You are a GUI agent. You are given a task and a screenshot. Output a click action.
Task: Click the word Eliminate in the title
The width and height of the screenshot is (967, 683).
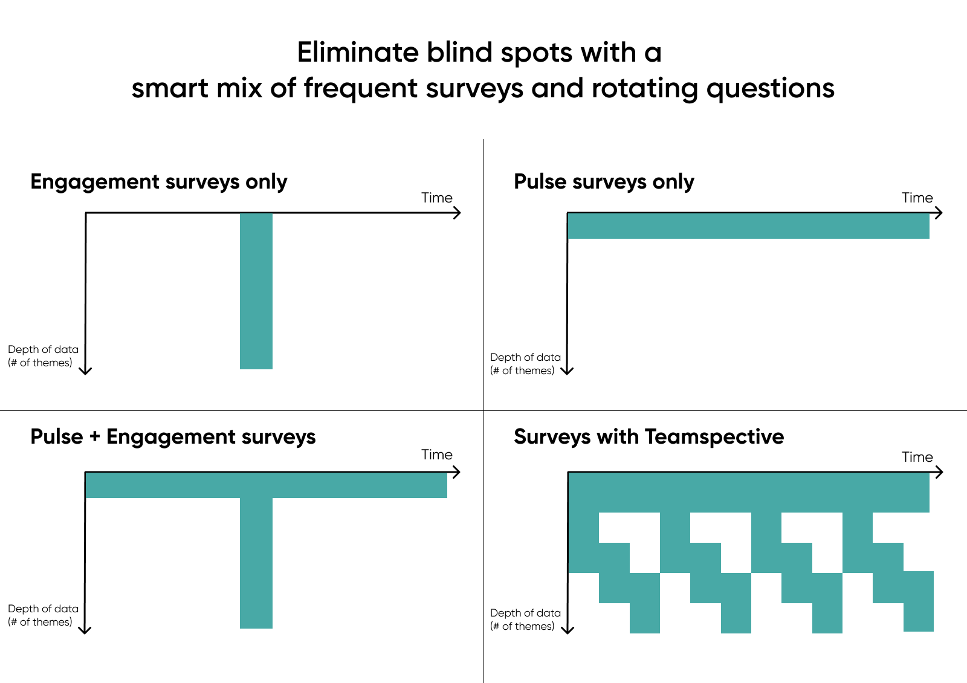pyautogui.click(x=358, y=53)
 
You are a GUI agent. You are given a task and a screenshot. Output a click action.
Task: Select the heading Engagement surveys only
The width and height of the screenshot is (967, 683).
pyautogui.click(x=158, y=181)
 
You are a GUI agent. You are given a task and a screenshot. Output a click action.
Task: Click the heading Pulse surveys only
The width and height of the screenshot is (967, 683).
pyautogui.click(x=604, y=181)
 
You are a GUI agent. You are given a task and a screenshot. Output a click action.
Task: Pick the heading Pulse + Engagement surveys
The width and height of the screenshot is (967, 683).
pyautogui.click(x=173, y=436)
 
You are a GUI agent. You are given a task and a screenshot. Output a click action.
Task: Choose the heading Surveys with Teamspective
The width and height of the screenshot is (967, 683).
pyautogui.click(x=648, y=436)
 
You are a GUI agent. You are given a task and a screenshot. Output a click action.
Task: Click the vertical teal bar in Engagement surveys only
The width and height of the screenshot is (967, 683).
pyautogui.click(x=256, y=291)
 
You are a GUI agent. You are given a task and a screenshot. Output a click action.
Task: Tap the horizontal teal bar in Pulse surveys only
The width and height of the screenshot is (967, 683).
pyautogui.click(x=748, y=226)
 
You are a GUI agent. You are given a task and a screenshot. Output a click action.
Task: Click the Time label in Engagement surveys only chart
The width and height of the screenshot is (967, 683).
pyautogui.click(x=436, y=198)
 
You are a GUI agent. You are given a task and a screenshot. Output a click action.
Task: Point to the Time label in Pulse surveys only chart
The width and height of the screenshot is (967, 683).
pyautogui.click(x=917, y=198)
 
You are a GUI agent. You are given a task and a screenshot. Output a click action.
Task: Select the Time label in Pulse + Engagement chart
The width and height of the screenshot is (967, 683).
pyautogui.click(x=436, y=455)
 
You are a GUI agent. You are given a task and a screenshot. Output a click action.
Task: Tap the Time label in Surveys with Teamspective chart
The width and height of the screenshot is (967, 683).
pyautogui.click(x=917, y=457)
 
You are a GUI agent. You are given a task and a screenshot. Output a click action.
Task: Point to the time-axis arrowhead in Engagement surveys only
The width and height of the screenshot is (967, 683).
pyautogui.click(x=458, y=213)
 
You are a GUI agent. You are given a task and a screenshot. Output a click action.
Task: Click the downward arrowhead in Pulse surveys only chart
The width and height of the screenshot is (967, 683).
pyautogui.click(x=567, y=371)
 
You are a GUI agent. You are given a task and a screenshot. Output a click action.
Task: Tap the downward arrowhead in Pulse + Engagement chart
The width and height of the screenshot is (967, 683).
pyautogui.click(x=85, y=630)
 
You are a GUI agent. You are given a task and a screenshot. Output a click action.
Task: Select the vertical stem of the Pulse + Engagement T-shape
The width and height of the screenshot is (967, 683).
pyautogui.click(x=256, y=562)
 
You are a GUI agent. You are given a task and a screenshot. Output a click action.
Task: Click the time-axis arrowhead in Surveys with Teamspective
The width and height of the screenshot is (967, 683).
pyautogui.click(x=939, y=472)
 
